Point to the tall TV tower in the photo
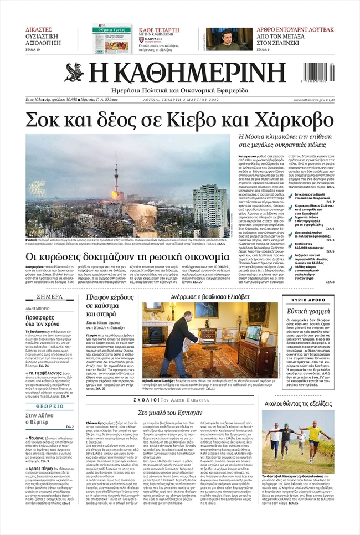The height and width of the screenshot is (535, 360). tap(116, 188)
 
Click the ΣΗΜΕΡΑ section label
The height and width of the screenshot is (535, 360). tap(50, 296)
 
